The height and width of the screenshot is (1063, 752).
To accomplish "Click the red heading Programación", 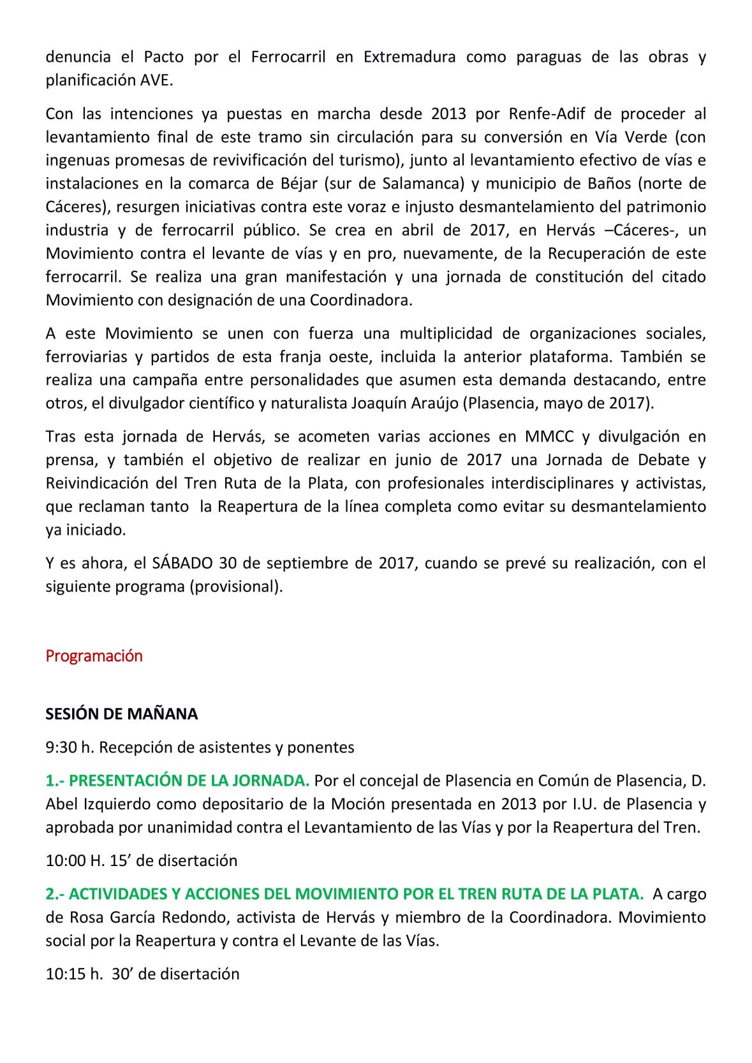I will pos(94,656).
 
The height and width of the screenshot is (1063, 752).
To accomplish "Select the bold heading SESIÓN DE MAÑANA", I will pos(121,714).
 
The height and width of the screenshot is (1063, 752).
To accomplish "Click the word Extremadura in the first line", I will pos(409,57).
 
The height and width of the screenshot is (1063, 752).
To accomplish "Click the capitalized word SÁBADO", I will pos(183,563).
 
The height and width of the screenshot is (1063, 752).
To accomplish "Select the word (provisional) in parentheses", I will pos(235,586).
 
